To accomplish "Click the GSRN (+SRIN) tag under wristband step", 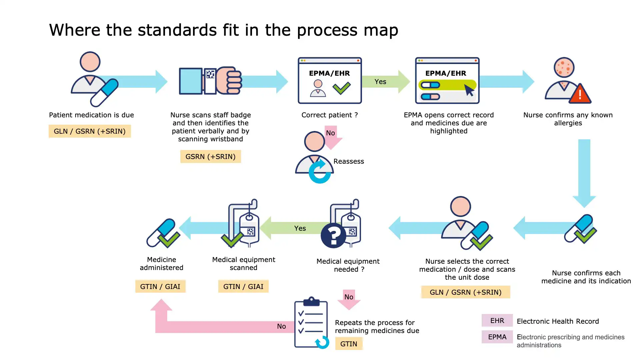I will (210, 156).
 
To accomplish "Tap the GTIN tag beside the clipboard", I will (349, 344).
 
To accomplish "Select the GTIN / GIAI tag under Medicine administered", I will (160, 286).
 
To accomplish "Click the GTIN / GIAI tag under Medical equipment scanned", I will (243, 286).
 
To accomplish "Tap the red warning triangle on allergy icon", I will (580, 94).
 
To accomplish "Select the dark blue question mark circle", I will (333, 236).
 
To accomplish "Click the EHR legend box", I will (497, 321).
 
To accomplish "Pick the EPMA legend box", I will (497, 337).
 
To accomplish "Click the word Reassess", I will (349, 161).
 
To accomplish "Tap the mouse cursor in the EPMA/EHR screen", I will (469, 90).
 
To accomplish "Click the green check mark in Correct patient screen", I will (342, 88).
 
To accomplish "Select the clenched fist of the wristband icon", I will (230, 81).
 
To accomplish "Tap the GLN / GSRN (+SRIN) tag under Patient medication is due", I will (90, 131).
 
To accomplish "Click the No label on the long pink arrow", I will (281, 326).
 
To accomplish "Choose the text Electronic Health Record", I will (558, 321).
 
